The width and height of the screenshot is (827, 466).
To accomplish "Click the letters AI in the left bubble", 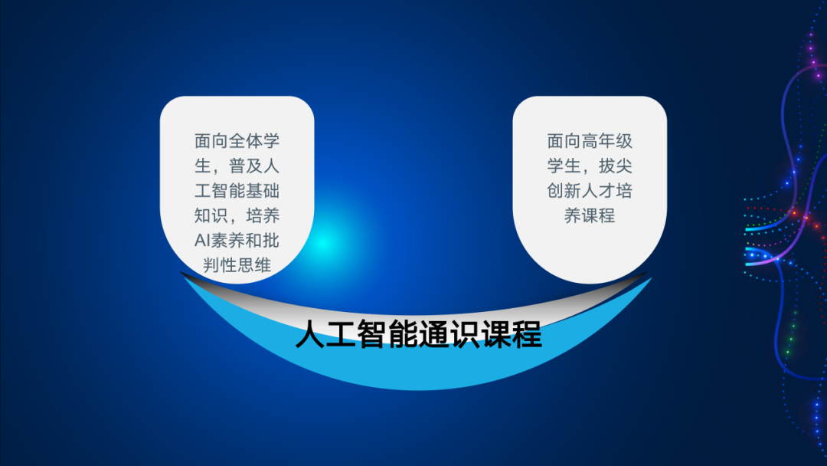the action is (x=203, y=241).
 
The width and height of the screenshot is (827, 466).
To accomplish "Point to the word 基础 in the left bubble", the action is (x=262, y=191).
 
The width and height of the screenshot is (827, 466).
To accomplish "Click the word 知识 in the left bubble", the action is (x=211, y=215).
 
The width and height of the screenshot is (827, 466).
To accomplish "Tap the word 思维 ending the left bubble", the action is (x=253, y=265).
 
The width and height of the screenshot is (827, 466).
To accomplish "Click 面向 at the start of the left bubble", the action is (x=211, y=141).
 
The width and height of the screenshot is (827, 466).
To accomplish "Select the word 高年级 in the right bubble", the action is (x=606, y=141).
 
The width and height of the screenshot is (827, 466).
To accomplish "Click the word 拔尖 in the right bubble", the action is (x=615, y=166).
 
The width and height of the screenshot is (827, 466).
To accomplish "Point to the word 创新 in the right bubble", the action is (x=564, y=191).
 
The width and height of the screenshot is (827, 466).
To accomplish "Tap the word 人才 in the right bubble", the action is (x=598, y=191).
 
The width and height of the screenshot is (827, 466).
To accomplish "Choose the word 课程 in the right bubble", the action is (x=598, y=215).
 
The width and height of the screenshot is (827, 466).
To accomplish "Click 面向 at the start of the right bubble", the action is (x=564, y=141).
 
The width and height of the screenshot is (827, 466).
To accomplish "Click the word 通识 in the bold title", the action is (x=449, y=334).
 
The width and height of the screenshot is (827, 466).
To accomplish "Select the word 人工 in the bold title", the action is (x=326, y=334).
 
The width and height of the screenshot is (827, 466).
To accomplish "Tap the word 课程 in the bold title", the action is (x=512, y=334).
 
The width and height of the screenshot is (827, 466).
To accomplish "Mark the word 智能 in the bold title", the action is (x=387, y=334).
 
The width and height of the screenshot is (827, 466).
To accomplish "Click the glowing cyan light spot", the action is (x=324, y=242).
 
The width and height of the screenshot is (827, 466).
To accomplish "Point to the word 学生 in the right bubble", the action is (x=564, y=166).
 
